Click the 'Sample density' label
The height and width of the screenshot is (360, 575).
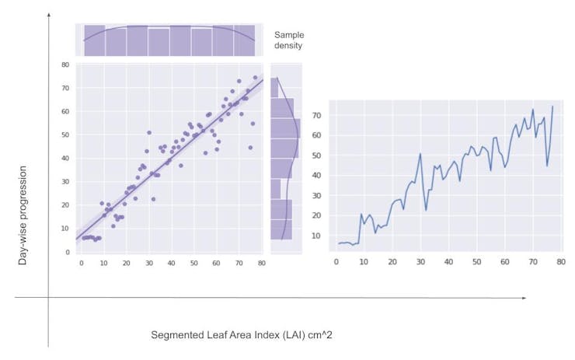pos(288,40)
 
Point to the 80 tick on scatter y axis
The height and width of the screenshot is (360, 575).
pos(66,65)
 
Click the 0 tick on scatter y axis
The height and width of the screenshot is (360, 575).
pos(68,252)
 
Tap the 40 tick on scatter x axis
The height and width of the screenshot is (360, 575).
pos(172,262)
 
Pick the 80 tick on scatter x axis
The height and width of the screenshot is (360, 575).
pos(262,262)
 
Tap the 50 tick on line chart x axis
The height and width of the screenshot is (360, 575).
pos(476,260)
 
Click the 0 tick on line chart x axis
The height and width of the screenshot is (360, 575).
pos(336,260)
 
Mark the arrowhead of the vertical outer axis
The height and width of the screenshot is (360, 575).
pos(49,15)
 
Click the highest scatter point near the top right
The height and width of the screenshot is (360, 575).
pos(255,77)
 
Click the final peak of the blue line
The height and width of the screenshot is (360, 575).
pos(552,106)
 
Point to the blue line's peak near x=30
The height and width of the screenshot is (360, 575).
pos(420,153)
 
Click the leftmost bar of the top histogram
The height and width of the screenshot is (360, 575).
pos(94,40)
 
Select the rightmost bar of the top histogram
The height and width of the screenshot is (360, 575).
pos(244,40)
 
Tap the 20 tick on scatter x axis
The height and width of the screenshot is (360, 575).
pos(127,262)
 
